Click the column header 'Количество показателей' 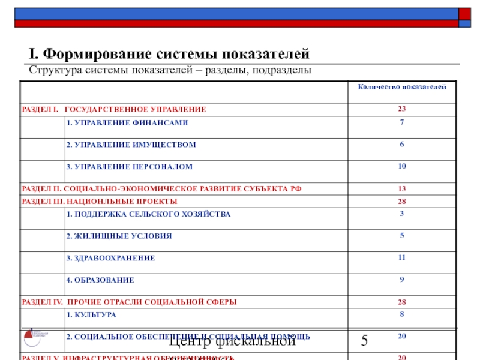click(401, 88)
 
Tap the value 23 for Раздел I click(401, 109)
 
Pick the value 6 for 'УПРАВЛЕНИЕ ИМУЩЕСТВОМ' click(401, 145)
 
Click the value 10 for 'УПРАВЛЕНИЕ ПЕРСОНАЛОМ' click(401, 166)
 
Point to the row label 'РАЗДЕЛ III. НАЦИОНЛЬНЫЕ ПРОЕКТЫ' click(99, 201)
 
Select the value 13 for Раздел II click(401, 188)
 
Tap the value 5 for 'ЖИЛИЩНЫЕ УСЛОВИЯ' click(401, 235)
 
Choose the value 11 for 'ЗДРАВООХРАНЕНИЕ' click(401, 257)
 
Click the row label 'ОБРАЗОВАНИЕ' click(100, 280)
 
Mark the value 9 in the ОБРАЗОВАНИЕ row click(401, 279)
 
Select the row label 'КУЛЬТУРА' click(91, 314)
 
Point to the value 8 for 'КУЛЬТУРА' click(401, 314)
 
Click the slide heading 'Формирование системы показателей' click(169, 54)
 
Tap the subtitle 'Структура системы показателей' click(170, 71)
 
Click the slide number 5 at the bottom click(364, 342)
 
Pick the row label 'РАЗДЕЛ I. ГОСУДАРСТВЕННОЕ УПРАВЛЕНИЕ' click(113, 109)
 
